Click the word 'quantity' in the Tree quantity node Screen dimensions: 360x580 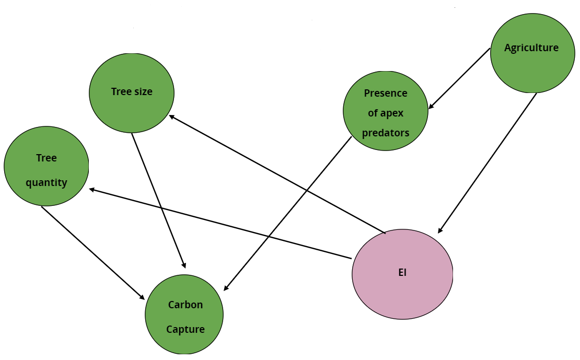47,183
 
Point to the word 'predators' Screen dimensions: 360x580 386,133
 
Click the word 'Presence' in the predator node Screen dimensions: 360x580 386,93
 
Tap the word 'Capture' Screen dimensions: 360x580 185,330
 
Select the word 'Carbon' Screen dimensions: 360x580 185,305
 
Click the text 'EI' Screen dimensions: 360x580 402,273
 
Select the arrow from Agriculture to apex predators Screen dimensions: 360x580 459,78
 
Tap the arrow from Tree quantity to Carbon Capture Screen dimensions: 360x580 93,253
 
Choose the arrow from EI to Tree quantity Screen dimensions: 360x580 219,223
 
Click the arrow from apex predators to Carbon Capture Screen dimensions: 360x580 288,214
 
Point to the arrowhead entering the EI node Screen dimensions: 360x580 440,230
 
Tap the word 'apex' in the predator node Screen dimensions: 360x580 386,113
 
